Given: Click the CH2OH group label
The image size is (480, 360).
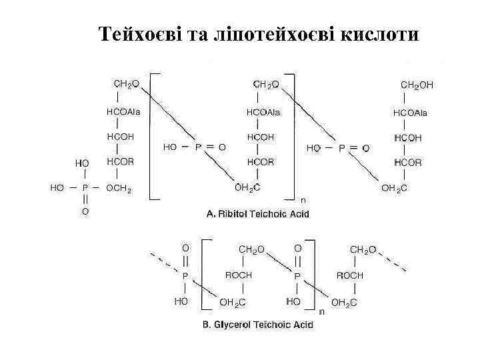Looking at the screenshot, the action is point(416,85).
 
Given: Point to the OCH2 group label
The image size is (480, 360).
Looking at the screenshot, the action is point(119,189).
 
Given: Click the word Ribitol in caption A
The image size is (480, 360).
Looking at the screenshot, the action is point(234,214).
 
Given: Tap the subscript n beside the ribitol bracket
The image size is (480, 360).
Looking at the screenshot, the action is point(303,199).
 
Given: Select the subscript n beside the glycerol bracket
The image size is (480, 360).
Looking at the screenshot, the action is point(321,311).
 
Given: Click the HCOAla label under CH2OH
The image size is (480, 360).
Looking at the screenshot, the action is point(410,113).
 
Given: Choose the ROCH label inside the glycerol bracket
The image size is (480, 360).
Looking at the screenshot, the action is point(239,275).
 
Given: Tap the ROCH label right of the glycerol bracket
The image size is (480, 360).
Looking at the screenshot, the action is point(350,275).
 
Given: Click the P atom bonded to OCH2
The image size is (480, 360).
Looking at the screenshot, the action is point(85,189).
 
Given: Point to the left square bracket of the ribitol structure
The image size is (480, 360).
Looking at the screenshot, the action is point(151,133).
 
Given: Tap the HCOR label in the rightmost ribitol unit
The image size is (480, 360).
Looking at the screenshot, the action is point(407,163).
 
